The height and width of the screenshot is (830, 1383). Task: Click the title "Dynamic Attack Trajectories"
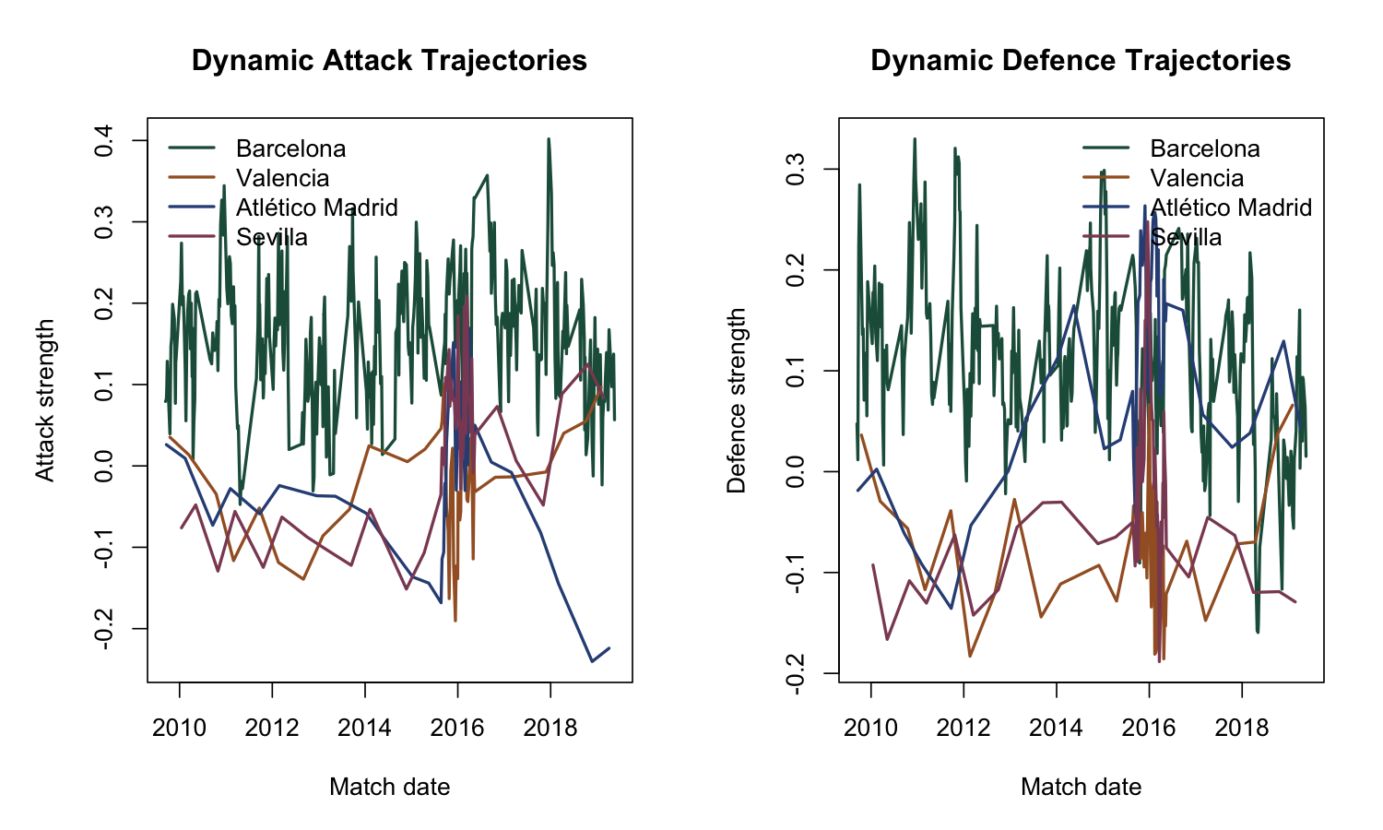pyautogui.click(x=389, y=61)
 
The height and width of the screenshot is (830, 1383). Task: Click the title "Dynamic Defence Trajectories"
pyautogui.click(x=1081, y=61)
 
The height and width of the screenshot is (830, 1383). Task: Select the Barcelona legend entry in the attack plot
pyautogui.click(x=290, y=148)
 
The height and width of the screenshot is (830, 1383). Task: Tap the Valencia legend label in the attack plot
pyautogui.click(x=282, y=178)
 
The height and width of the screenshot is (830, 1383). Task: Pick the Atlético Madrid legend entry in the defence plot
pyautogui.click(x=1231, y=207)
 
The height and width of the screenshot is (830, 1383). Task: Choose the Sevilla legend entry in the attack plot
pyautogui.click(x=272, y=237)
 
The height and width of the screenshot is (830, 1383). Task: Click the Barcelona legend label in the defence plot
pyautogui.click(x=1205, y=148)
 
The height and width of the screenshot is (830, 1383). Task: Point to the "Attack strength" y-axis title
pyautogui.click(x=44, y=400)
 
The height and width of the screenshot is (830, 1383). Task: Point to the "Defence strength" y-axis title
pyautogui.click(x=736, y=400)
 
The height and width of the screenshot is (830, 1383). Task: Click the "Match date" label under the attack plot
pyautogui.click(x=389, y=787)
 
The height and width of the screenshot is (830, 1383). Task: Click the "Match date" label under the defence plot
pyautogui.click(x=1081, y=787)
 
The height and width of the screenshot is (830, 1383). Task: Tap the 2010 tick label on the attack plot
pyautogui.click(x=179, y=728)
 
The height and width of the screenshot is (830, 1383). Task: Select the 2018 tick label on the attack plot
pyautogui.click(x=550, y=728)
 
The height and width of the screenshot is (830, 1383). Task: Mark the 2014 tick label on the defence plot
pyautogui.click(x=1056, y=728)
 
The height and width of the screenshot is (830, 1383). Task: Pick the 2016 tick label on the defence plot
pyautogui.click(x=1149, y=728)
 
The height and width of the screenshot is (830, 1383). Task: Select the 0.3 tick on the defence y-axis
pyautogui.click(x=795, y=169)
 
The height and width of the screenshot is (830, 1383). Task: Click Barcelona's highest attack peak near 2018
pyautogui.click(x=549, y=139)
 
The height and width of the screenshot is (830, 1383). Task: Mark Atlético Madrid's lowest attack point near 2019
pyautogui.click(x=592, y=661)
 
